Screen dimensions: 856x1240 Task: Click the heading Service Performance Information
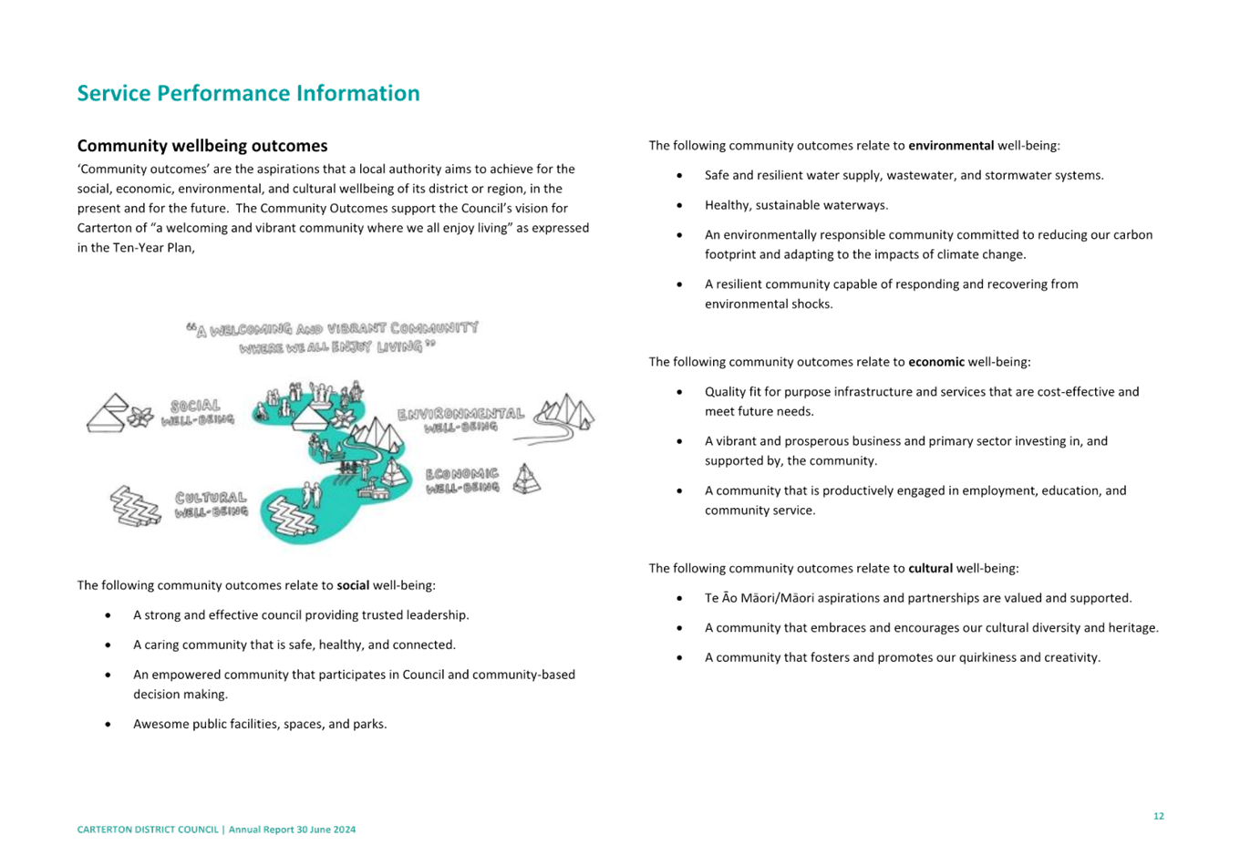click(247, 94)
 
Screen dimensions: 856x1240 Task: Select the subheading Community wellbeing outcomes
click(201, 146)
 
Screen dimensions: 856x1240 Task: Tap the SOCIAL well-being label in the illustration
click(197, 412)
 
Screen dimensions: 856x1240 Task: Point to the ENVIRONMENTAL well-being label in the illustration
click(460, 419)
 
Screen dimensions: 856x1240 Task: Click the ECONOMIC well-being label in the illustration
click(462, 480)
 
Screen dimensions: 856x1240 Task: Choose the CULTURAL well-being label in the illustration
click(211, 504)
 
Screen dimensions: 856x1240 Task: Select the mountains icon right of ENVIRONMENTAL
click(566, 415)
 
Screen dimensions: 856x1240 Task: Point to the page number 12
click(1158, 816)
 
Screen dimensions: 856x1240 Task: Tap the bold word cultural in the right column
click(930, 569)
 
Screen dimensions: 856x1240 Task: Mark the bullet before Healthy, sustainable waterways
click(679, 205)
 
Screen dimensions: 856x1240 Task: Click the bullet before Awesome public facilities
click(108, 725)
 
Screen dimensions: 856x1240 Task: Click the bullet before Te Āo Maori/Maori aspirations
click(679, 598)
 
